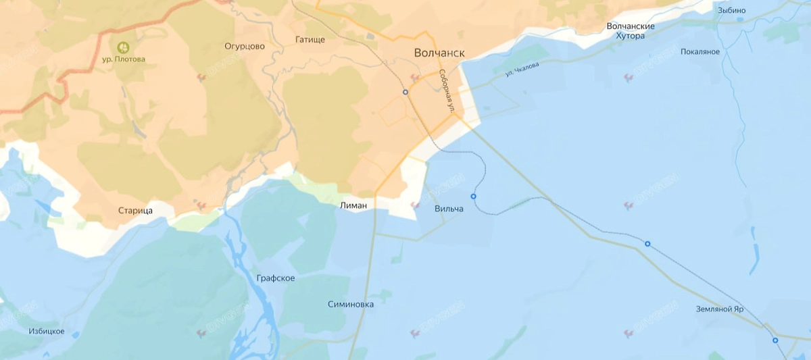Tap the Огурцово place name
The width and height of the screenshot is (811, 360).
coord(245,47)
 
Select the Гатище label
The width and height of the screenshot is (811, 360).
coord(310,40)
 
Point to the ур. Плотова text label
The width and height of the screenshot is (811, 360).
coord(124,59)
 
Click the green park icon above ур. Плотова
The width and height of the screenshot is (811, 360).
coord(123,47)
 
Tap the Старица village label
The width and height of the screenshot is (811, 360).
coord(135,211)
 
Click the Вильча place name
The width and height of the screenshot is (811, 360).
coord(449,209)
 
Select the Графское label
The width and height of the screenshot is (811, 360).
coord(276,278)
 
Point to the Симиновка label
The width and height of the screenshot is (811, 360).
coord(350,305)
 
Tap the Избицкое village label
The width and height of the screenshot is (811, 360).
coord(47,331)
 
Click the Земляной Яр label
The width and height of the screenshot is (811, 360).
coord(720,309)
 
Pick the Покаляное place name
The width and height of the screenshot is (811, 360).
coord(700,52)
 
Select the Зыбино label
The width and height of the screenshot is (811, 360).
coord(732,11)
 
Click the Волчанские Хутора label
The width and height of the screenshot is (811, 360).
coord(631,31)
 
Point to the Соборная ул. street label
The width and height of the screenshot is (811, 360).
coord(448,91)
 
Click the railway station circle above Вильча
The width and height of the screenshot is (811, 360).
coord(473,197)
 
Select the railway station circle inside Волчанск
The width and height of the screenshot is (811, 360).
coord(405,92)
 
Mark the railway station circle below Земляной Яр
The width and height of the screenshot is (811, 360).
coord(775,340)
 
